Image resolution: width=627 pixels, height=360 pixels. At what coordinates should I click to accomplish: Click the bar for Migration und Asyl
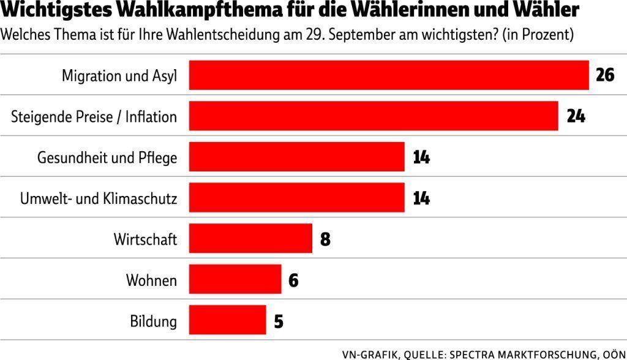pos(388,75)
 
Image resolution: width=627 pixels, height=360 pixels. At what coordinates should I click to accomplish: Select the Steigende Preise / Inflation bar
pos(373,116)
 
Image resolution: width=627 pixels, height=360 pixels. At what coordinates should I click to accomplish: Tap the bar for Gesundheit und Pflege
pos(296,157)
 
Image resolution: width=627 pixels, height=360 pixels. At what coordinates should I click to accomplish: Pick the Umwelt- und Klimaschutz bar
pos(296,198)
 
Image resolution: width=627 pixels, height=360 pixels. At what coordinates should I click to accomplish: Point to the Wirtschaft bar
pos(250,238)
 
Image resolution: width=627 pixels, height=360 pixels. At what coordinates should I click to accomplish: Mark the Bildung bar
pos(227,320)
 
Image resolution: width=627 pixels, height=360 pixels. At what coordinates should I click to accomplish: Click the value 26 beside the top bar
pos(604,75)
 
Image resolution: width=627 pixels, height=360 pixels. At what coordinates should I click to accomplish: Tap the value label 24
pos(576,116)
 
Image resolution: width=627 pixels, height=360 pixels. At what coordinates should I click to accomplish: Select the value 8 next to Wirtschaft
pos(325,238)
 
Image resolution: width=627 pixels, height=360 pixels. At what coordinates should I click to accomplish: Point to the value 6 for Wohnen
pos(293,279)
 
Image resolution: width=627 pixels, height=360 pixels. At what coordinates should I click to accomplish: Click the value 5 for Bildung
pos(279,320)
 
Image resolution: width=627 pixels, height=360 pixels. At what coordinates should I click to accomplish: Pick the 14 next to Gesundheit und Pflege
pos(421,157)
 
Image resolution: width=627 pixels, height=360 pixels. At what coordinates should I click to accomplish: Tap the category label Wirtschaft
pos(145,239)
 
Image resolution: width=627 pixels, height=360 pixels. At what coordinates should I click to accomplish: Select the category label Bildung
pos(153,320)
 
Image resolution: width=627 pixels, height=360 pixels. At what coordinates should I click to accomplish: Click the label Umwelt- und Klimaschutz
pos(99,198)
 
